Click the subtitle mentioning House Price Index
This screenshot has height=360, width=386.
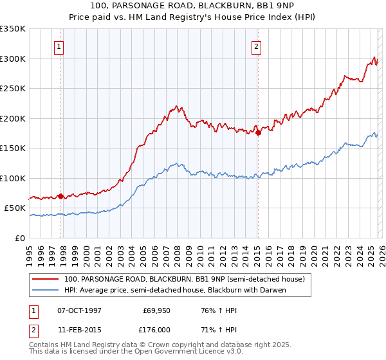192,17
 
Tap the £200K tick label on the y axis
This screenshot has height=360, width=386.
13,118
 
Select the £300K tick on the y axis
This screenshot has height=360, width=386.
13,59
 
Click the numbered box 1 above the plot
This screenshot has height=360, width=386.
59,46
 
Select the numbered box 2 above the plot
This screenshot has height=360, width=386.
256,46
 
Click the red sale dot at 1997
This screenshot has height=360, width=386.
61,196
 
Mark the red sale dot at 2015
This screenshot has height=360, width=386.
258,133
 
